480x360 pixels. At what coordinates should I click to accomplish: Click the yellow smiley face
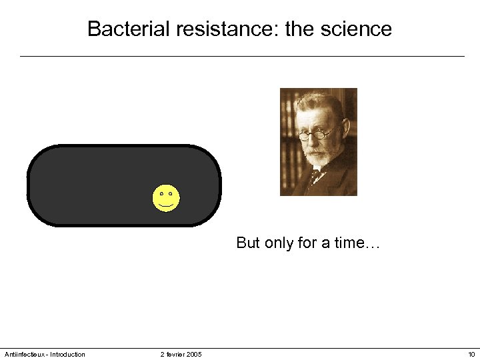coord(166,199)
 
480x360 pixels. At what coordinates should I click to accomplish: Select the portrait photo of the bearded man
coord(318,142)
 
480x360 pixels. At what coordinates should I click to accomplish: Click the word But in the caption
coord(248,243)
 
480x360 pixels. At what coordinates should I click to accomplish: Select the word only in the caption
coord(279,243)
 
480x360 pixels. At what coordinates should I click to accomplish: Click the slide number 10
coord(471,354)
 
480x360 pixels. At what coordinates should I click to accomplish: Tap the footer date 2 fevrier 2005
coord(181,354)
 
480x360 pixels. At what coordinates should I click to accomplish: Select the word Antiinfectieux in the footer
coord(24,354)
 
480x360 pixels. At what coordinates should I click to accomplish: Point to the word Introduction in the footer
coord(68,354)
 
